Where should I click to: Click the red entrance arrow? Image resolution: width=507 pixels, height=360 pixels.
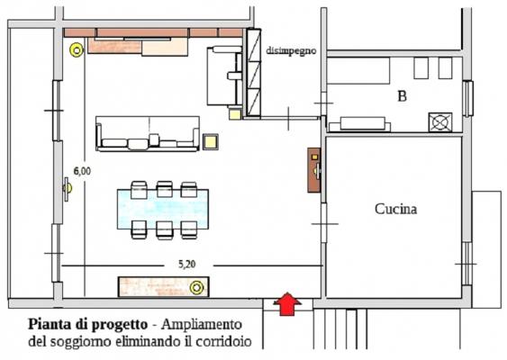pos(287,304)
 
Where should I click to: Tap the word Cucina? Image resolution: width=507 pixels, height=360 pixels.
pos(395,209)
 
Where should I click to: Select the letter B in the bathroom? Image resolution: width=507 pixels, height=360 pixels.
pos(402,96)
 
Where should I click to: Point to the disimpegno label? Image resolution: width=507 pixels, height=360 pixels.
pos(291,50)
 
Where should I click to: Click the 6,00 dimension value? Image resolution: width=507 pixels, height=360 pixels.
pos(83,171)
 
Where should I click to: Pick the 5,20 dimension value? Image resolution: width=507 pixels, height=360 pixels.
pos(187,265)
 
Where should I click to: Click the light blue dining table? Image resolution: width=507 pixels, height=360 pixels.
pos(163,209)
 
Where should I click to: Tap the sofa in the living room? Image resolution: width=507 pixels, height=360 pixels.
pos(148,134)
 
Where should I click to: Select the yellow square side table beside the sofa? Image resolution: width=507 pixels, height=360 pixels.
pos(211,141)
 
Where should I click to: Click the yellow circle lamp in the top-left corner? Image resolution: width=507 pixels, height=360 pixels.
pos(77,50)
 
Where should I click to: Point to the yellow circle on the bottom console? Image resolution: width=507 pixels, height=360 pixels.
pos(196,288)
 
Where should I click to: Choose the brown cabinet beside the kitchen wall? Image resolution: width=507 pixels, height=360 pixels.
pos(314,170)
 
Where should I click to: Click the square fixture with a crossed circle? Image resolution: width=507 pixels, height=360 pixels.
pos(440,122)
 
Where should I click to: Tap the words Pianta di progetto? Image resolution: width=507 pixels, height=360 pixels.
pos(88,325)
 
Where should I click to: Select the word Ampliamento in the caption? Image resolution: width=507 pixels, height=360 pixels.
pos(202,325)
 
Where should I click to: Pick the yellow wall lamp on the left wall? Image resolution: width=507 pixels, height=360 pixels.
pos(68,189)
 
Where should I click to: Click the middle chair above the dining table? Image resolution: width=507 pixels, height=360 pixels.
pos(165,189)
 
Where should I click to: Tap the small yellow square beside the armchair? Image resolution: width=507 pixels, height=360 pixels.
pos(235,114)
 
